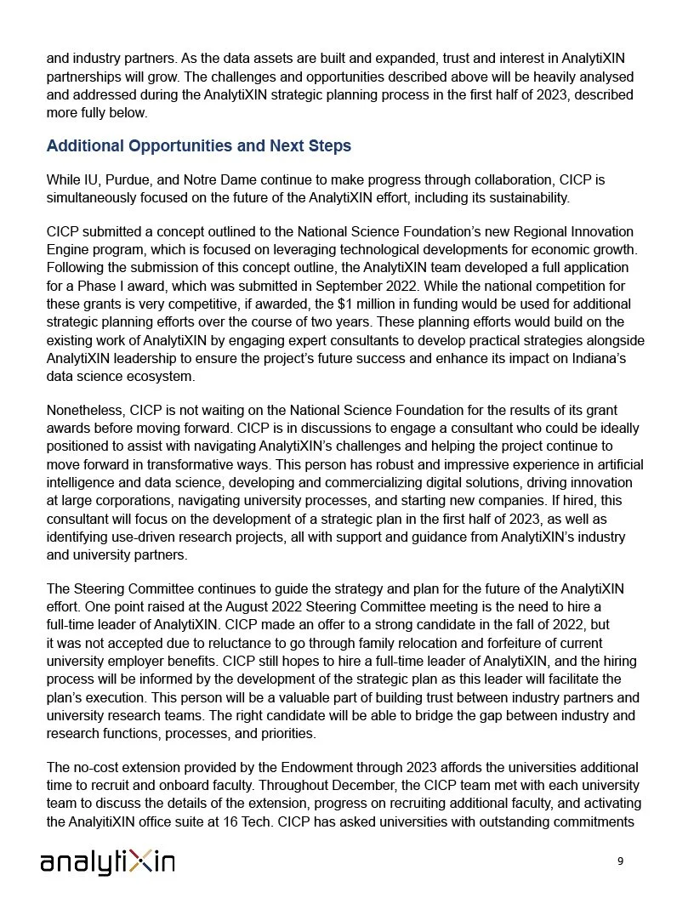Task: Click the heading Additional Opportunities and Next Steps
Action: coord(198,146)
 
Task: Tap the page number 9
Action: coord(620,861)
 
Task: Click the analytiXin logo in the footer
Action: coord(107,862)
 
